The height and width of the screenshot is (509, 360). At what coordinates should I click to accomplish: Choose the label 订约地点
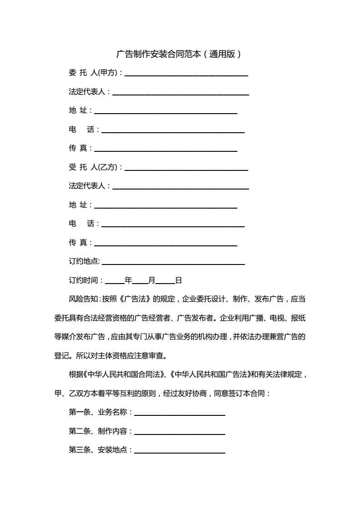click(x=84, y=261)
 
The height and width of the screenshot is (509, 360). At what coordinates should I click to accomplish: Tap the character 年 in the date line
click(x=128, y=280)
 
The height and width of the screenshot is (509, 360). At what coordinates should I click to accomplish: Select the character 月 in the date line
click(x=152, y=280)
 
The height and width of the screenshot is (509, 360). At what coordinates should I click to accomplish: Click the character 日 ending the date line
click(x=179, y=280)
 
